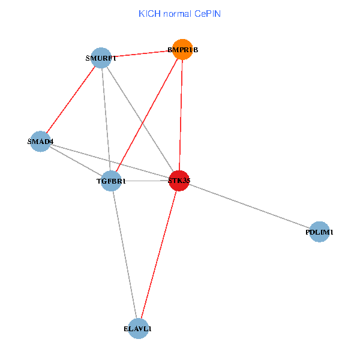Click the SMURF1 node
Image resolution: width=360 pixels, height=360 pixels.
point(101,58)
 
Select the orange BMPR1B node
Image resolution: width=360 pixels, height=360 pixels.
point(182,50)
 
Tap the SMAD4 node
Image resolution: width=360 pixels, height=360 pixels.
point(40,142)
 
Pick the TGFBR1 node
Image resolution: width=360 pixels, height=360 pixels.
point(111,181)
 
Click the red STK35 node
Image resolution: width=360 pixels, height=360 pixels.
point(179,180)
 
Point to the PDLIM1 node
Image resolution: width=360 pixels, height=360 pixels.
point(320,232)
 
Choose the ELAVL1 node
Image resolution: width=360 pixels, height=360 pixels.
point(139,328)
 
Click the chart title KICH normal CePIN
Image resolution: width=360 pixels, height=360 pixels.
point(179,13)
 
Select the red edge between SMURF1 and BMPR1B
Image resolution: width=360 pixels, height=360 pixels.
point(142,55)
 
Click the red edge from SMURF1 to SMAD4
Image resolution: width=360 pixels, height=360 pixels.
point(71,100)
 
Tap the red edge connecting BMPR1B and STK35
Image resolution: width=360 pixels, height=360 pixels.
point(181,115)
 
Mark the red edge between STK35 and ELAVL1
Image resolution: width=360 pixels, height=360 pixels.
point(159,254)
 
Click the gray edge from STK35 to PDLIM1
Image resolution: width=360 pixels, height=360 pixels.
point(250,206)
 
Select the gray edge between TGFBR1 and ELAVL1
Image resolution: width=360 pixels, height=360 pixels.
point(125,254)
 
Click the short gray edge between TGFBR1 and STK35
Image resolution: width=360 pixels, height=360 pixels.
point(145,181)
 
